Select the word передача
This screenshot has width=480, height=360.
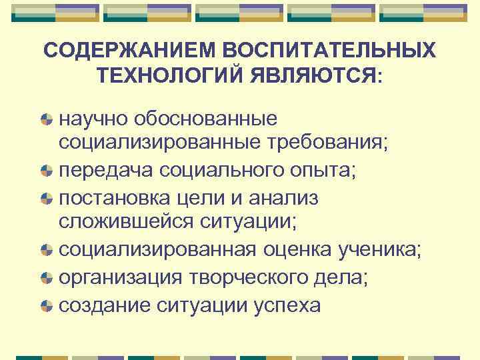coord(106,169)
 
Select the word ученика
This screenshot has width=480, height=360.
coord(383,249)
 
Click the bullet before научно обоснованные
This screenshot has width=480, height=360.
coord(46,120)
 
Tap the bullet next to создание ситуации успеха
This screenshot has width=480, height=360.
coord(46,305)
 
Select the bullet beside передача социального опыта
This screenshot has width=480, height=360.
coord(46,170)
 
